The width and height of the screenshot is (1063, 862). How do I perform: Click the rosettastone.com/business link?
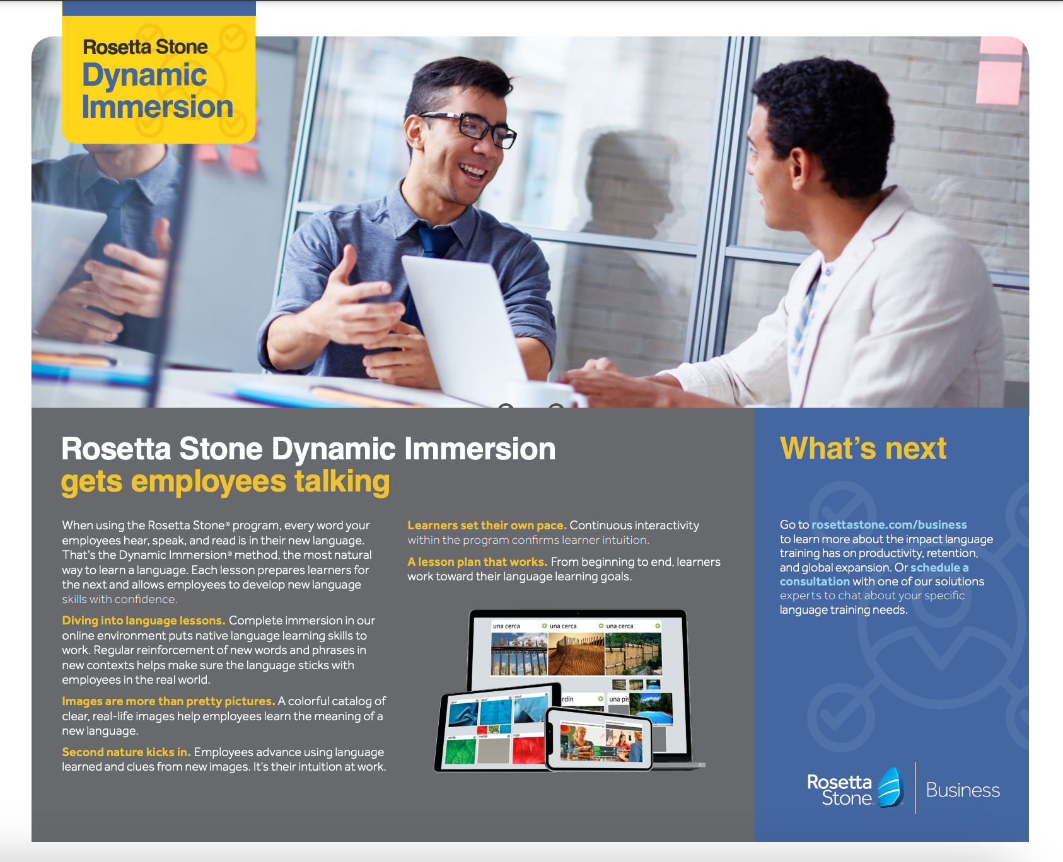pyautogui.click(x=889, y=525)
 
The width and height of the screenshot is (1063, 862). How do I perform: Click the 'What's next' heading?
pyautogui.click(x=863, y=449)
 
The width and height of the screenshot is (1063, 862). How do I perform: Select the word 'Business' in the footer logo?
pyautogui.click(x=962, y=790)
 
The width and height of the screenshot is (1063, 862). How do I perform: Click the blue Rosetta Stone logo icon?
pyautogui.click(x=890, y=788)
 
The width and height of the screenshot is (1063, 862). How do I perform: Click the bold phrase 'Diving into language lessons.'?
pyautogui.click(x=143, y=621)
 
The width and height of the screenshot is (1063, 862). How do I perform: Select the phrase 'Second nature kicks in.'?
pyautogui.click(x=126, y=752)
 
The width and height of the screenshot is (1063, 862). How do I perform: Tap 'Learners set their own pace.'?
pyautogui.click(x=487, y=526)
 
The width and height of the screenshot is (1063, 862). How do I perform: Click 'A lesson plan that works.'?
pyautogui.click(x=477, y=562)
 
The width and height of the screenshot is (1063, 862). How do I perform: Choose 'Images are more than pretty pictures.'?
pyautogui.click(x=168, y=701)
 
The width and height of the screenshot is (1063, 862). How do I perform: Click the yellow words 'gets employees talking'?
pyautogui.click(x=225, y=482)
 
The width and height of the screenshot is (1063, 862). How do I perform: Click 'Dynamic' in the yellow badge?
pyautogui.click(x=144, y=76)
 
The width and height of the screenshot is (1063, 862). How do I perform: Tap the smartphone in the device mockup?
pyautogui.click(x=599, y=739)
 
